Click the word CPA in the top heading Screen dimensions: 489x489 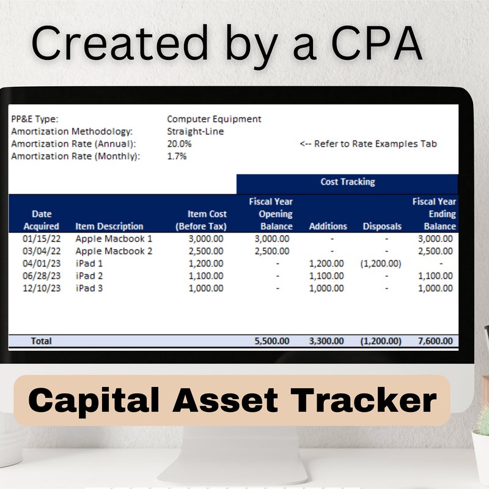(x=377, y=43)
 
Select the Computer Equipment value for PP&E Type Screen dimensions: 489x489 (x=214, y=119)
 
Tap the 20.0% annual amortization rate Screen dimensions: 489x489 (x=179, y=144)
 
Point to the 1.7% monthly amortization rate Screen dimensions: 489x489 (x=177, y=156)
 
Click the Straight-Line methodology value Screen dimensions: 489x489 (x=195, y=131)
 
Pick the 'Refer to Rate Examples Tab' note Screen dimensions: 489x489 (x=369, y=144)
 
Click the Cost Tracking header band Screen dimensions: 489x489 (x=347, y=182)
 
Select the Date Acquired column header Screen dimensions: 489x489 (x=42, y=220)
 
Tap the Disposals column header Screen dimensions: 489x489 (x=382, y=226)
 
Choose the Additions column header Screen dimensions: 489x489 (x=328, y=226)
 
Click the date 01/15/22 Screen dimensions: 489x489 (x=42, y=238)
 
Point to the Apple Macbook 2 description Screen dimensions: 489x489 (x=114, y=251)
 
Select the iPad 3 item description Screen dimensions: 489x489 (x=89, y=288)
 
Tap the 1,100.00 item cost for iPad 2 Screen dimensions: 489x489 (x=206, y=276)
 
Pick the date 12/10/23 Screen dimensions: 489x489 (x=42, y=288)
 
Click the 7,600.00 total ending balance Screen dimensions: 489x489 (x=435, y=341)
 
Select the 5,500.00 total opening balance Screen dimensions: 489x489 (x=272, y=341)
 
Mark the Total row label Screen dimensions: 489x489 (x=41, y=341)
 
